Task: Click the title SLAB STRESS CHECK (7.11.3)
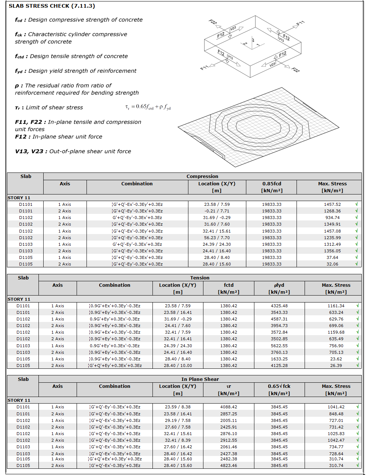[x=52, y=6]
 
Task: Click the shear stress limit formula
[x=148, y=107]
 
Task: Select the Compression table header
[x=202, y=176]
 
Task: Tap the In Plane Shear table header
[x=200, y=379]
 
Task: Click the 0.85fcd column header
[x=272, y=183]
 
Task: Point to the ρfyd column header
[x=279, y=285]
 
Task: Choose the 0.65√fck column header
[x=279, y=386]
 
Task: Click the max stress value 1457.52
[x=332, y=204]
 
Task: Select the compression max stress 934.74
[x=332, y=218]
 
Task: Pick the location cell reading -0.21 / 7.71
[x=217, y=211]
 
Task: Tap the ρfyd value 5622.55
[x=279, y=346]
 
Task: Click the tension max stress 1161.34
[x=336, y=306]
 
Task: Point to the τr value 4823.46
[x=229, y=465]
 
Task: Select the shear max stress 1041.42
[x=336, y=407]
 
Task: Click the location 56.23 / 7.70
[x=217, y=238]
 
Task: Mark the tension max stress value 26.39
[x=336, y=365]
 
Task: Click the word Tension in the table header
[x=200, y=278]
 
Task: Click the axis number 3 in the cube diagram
[x=253, y=40]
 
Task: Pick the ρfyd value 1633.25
[x=279, y=359]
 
